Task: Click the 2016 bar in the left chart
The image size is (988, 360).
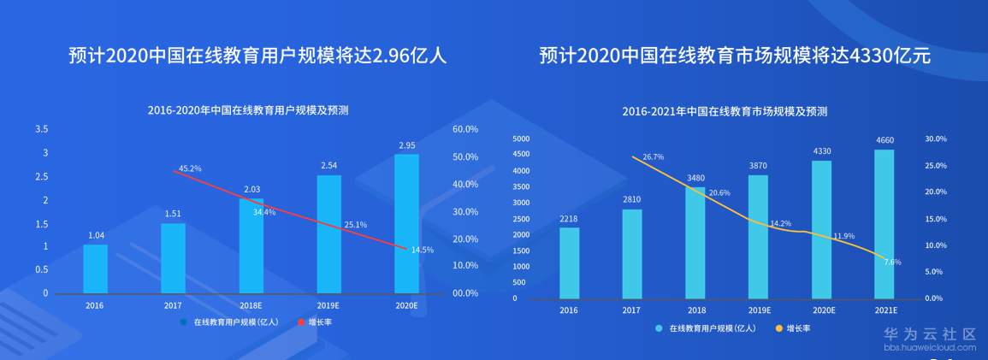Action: [96, 269]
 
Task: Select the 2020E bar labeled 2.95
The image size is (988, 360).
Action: [407, 223]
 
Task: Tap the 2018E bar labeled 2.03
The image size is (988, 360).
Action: [251, 245]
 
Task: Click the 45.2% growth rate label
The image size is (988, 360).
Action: [190, 168]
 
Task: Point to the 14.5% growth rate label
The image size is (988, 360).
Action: [423, 250]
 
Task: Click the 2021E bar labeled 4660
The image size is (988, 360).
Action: [884, 224]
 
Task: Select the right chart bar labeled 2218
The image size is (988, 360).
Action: [570, 263]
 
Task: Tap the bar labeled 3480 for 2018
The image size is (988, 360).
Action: [695, 243]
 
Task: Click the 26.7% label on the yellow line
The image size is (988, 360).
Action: [653, 156]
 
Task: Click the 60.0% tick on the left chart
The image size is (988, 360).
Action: [464, 129]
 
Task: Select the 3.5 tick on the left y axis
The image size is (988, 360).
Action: [41, 129]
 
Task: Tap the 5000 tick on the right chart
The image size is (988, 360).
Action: [521, 139]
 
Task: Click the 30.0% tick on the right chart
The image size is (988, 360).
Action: [936, 139]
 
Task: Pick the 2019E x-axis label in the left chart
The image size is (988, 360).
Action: [329, 304]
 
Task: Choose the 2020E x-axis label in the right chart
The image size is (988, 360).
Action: [823, 310]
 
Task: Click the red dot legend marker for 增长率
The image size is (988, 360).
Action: [300, 322]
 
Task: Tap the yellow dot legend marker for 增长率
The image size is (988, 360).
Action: [778, 328]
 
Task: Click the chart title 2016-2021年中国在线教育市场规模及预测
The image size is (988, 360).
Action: [725, 111]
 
